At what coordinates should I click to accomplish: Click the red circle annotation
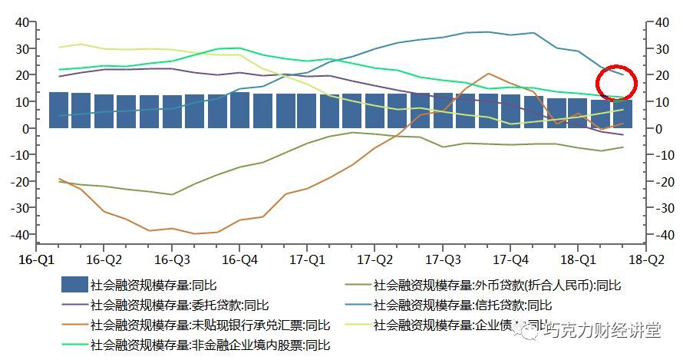point(616,81)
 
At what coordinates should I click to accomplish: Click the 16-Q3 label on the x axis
point(172,259)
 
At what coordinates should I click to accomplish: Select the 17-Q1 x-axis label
point(307,259)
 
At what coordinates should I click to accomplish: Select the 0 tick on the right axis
point(649,128)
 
